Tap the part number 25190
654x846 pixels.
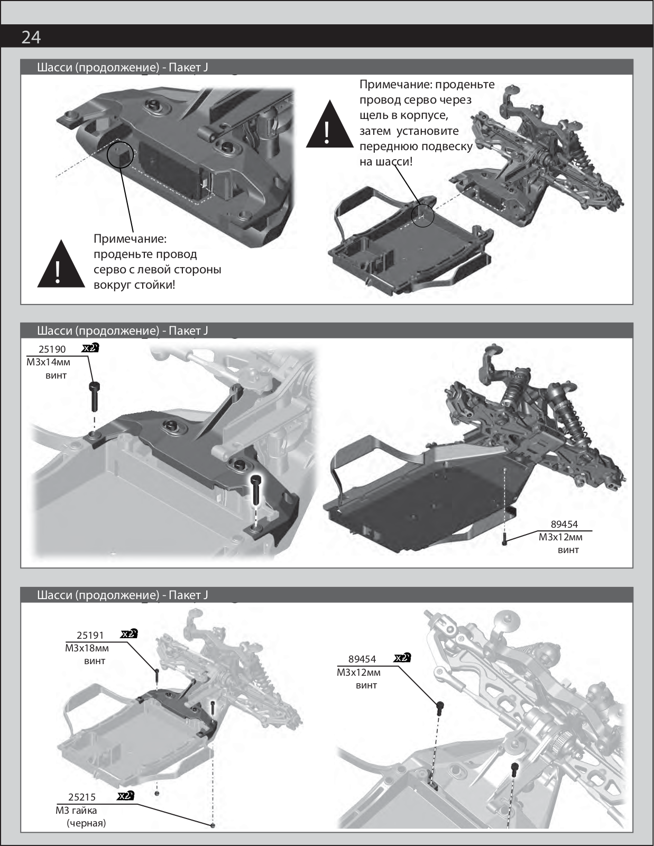click(x=52, y=350)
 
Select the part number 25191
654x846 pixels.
click(x=90, y=635)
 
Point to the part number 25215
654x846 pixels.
click(x=82, y=797)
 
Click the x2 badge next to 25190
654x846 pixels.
click(x=90, y=348)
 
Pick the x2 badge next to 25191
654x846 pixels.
click(x=129, y=634)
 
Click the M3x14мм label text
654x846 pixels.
click(x=48, y=362)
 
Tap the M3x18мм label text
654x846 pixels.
click(x=87, y=648)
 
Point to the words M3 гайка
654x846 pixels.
click(x=77, y=810)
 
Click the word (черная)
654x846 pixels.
click(x=86, y=823)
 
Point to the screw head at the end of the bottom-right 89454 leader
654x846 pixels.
click(x=440, y=704)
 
